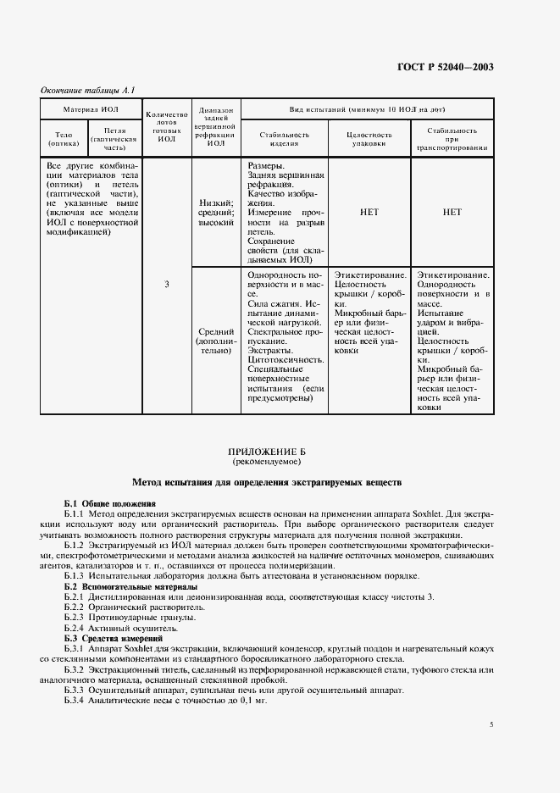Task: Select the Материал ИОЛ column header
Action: pos(92,110)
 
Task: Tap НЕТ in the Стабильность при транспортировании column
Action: pos(452,213)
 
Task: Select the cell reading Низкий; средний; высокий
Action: pos(216,213)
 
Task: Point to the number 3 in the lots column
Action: pos(166,284)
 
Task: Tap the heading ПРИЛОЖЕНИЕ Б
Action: pos(280,453)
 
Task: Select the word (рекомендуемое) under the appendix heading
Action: pos(280,463)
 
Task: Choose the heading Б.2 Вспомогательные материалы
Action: pos(131,586)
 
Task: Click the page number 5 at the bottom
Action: pos(491,725)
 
